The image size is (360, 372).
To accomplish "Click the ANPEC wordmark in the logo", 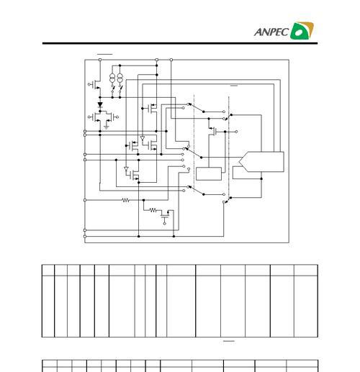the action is [271, 32].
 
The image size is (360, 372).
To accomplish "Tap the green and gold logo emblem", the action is [302, 30].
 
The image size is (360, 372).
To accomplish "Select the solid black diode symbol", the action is [100, 104].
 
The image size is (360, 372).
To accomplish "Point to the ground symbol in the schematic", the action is [107, 127].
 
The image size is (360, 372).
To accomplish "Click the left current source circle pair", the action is [112, 78].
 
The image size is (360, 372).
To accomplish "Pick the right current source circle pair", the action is [120, 78].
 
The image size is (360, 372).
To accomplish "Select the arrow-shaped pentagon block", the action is [261, 162].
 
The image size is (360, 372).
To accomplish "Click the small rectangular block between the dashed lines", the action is [209, 173].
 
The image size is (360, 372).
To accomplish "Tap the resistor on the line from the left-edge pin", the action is [126, 200].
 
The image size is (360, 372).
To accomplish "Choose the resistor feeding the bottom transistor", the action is [153, 210].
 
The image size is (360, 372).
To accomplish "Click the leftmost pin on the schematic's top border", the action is [100, 60].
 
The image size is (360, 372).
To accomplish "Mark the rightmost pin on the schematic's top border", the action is [171, 60].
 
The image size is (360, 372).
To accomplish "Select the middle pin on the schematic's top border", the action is [157, 60].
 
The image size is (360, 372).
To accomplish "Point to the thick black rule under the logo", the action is [180, 43].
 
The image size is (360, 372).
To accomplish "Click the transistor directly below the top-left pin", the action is [96, 84].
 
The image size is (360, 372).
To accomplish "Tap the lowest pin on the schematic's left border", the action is [85, 237].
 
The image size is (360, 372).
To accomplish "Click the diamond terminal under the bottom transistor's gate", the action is [164, 224].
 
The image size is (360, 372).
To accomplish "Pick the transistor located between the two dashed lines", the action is [213, 131].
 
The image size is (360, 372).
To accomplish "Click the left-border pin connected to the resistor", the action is [85, 200].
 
